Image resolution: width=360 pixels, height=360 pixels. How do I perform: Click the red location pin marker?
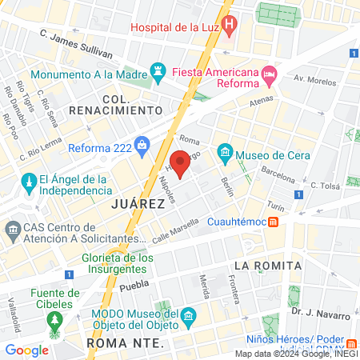181,163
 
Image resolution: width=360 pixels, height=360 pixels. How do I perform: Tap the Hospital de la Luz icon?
230,26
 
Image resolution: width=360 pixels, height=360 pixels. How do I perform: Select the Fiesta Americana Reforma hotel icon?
270,75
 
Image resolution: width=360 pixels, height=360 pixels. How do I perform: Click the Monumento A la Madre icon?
157,71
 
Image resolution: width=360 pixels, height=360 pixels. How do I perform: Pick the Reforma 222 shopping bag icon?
142,145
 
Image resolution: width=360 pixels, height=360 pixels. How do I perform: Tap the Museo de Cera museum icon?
225,151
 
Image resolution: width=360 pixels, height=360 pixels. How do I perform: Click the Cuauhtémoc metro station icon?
274,222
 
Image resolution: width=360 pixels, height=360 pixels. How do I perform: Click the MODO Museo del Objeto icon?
188,318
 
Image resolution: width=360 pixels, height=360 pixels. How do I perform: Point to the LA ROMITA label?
268,265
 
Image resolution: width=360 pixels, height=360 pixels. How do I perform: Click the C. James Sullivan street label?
76,44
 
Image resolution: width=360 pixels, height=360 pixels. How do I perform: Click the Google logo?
27,350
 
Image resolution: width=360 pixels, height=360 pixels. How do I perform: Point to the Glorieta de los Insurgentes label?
118,263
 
